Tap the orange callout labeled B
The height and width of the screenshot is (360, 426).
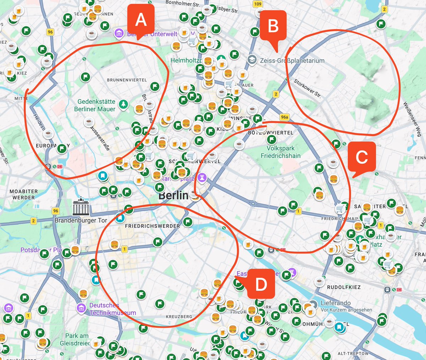click(x=273, y=26)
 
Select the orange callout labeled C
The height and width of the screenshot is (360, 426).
click(x=361, y=156)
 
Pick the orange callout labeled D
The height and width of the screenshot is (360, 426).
click(x=261, y=284)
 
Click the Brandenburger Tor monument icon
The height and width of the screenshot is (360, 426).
click(x=81, y=206)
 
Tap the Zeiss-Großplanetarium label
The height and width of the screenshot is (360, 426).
click(x=292, y=61)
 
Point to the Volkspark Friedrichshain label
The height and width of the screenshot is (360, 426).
click(x=280, y=152)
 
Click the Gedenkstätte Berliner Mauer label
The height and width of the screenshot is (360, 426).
click(x=95, y=106)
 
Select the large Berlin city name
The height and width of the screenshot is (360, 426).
click(x=174, y=195)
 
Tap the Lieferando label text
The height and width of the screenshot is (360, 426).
click(x=335, y=303)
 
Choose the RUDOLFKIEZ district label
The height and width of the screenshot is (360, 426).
click(x=344, y=287)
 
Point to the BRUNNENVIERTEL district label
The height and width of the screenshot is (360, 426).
click(x=127, y=80)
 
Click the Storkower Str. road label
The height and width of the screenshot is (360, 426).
click(x=307, y=88)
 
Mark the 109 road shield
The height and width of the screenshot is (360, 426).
click(x=258, y=4)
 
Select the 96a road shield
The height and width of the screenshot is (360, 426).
click(x=284, y=117)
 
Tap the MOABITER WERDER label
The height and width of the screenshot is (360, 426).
click(x=24, y=194)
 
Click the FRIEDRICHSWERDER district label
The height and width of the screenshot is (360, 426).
click(x=152, y=226)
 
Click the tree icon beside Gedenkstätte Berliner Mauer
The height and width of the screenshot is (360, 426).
click(x=123, y=104)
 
